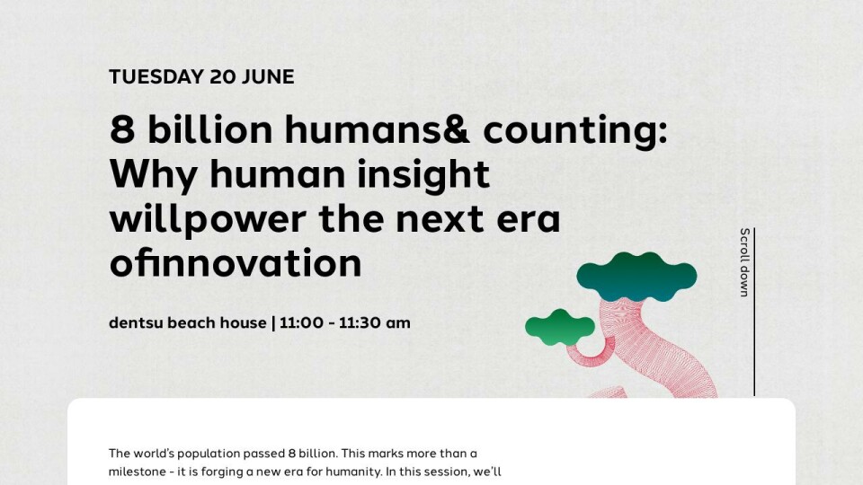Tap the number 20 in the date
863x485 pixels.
coord(222,77)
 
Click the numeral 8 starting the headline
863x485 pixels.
coord(122,129)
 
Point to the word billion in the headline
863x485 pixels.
coord(210,129)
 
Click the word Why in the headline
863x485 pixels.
coord(153,175)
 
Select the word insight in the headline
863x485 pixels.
coord(423,173)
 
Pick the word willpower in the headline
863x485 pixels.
coord(208,219)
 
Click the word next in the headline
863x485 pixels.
coord(440,219)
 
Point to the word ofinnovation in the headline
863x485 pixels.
coord(236,263)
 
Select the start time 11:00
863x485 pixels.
coord(302,322)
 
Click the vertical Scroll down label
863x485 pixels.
coord(744,262)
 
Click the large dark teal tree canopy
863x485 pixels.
coord(636,277)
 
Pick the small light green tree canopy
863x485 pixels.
coord(560,327)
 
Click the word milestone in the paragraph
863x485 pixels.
coord(136,472)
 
